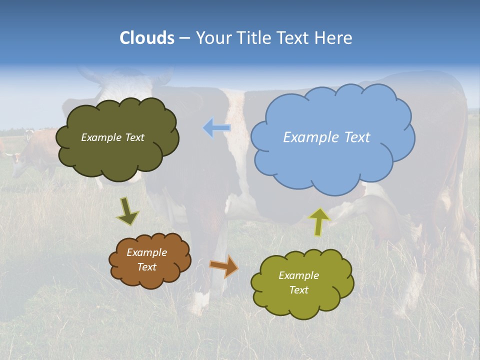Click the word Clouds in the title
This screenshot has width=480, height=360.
point(147,38)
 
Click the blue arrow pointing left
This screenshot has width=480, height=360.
point(216,128)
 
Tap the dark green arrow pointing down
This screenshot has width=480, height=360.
point(127,211)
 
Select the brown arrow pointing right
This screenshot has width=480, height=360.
point(224,266)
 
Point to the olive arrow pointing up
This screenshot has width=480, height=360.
point(319,221)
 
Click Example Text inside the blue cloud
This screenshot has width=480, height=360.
point(326,137)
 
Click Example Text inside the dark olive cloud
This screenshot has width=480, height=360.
point(112,137)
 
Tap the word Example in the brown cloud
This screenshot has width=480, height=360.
point(146,252)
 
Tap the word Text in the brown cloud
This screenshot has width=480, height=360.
point(146,267)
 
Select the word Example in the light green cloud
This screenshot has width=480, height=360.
point(298,275)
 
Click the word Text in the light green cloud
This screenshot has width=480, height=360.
point(298,290)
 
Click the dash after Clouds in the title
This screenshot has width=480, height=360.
point(184,38)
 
